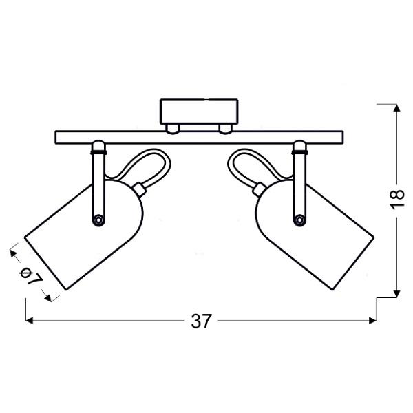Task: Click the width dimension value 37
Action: pyautogui.click(x=200, y=321)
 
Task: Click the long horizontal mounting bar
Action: pyautogui.click(x=199, y=136)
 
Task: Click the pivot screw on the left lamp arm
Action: pyautogui.click(x=98, y=219)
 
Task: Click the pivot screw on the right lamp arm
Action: pyautogui.click(x=299, y=219)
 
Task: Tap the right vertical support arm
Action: pyautogui.click(x=299, y=182)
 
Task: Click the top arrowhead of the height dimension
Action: pyautogui.click(x=396, y=108)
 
